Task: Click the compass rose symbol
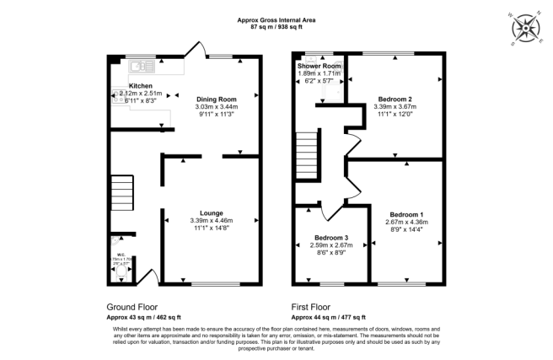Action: click(528, 27)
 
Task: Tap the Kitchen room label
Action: click(140, 86)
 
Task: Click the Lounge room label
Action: click(211, 212)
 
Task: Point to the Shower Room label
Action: click(319, 66)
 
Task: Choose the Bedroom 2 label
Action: click(395, 99)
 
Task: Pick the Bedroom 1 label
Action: click(395, 214)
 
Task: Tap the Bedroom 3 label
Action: click(331, 237)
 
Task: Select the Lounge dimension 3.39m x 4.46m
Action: click(211, 220)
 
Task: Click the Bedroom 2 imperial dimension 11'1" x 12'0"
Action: click(395, 114)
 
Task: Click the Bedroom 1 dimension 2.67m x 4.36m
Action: click(395, 222)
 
